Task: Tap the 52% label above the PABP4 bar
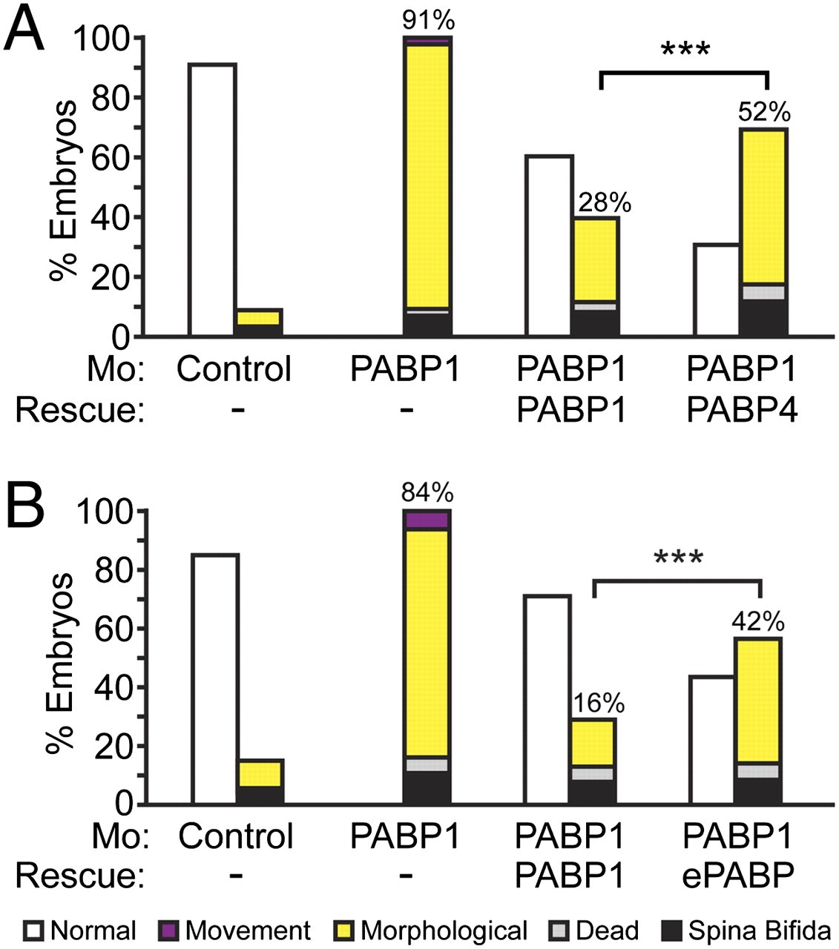coord(764,113)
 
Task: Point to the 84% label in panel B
coord(427,492)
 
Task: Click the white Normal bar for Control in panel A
coord(212,200)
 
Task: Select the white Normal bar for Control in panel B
coord(215,678)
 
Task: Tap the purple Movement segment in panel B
coord(427,520)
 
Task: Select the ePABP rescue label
coord(738,876)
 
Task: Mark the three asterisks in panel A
coord(685,50)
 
